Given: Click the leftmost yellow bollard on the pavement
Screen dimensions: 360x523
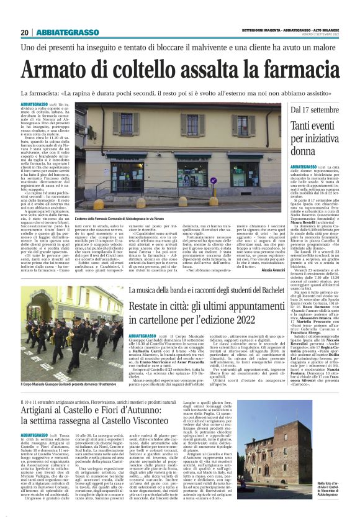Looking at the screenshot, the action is tap(98, 204).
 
